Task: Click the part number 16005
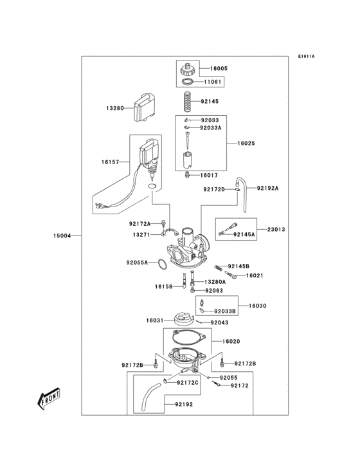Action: click(x=219, y=68)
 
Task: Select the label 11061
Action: click(x=213, y=82)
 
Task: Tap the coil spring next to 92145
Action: click(x=187, y=102)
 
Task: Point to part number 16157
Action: click(x=110, y=163)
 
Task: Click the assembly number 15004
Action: click(x=62, y=236)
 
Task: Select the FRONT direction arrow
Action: click(x=48, y=402)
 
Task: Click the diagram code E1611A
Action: click(x=306, y=56)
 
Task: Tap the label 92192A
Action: click(x=268, y=188)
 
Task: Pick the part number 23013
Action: click(x=276, y=228)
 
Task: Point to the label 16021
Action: click(x=255, y=275)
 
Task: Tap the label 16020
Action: click(x=231, y=341)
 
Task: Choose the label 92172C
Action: click(x=188, y=382)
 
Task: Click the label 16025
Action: click(x=246, y=143)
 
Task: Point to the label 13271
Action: click(x=141, y=235)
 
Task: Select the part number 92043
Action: click(x=221, y=322)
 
